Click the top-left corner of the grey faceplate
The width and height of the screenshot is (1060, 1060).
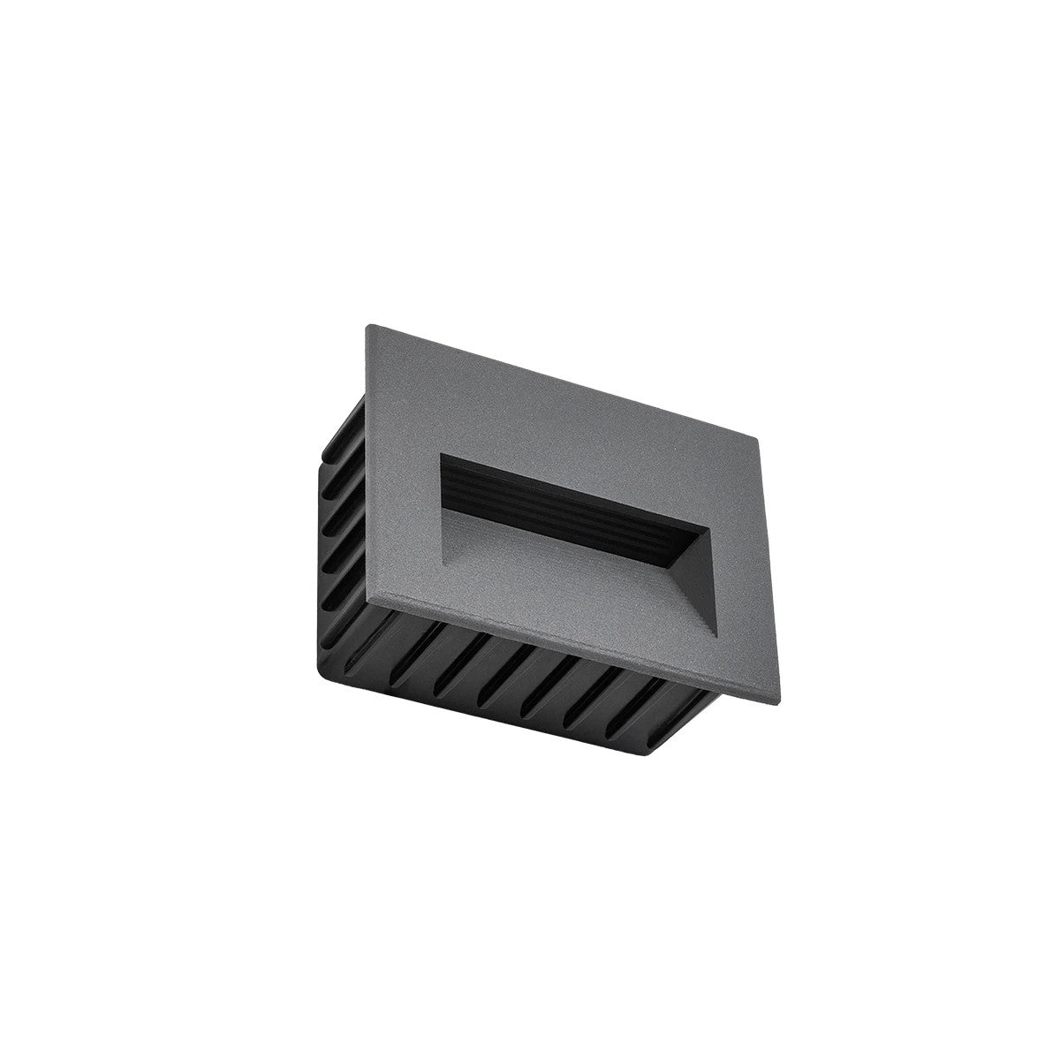pos(367,327)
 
